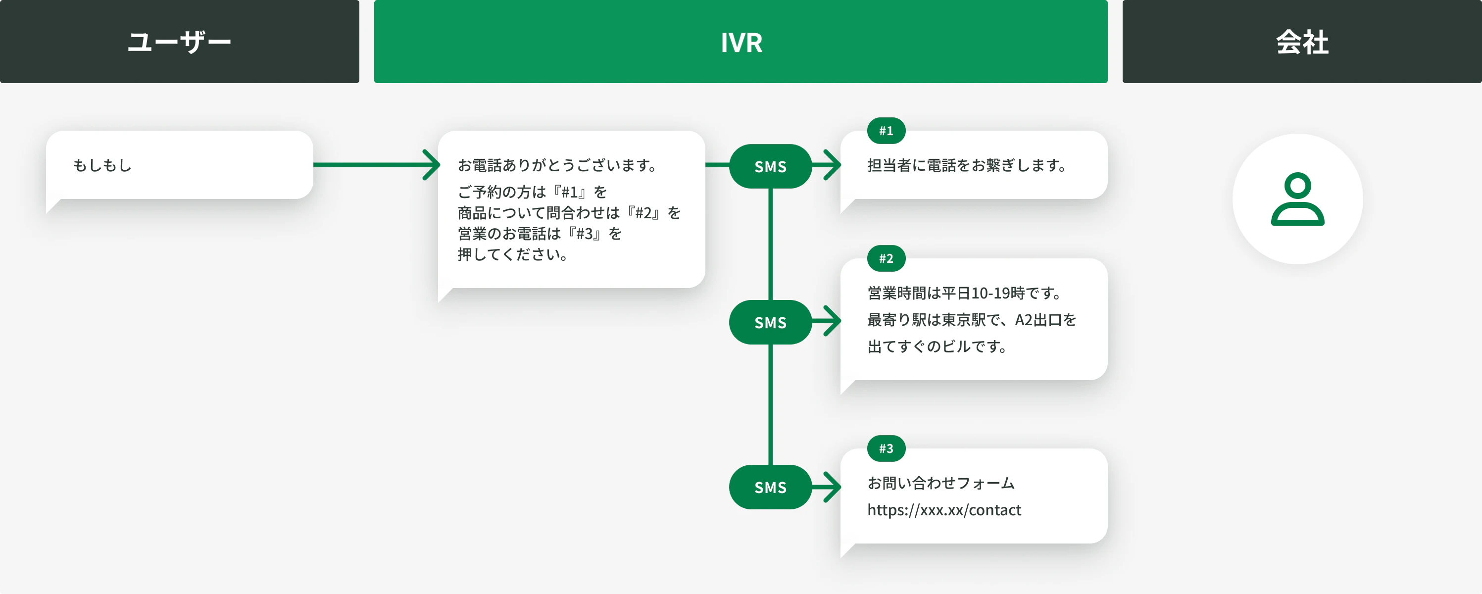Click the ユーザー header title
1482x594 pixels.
pyautogui.click(x=180, y=42)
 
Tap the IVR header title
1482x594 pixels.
pyautogui.click(x=741, y=43)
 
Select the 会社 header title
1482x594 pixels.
pyautogui.click(x=1302, y=42)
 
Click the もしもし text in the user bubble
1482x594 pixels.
pyautogui.click(x=102, y=165)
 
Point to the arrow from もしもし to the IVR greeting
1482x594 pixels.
pyautogui.click(x=377, y=165)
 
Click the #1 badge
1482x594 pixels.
pyautogui.click(x=886, y=131)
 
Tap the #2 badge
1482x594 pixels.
pyautogui.click(x=886, y=258)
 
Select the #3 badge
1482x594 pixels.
pyautogui.click(x=886, y=448)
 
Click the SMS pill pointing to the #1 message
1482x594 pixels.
pyautogui.click(x=770, y=166)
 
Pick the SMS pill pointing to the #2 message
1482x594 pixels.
pyautogui.click(x=770, y=322)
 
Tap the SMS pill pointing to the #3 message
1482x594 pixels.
pyautogui.click(x=770, y=487)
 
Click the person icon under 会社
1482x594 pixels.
pyautogui.click(x=1297, y=198)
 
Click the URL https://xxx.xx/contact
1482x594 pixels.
pyautogui.click(x=944, y=510)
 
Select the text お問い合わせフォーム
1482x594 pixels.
pyautogui.click(x=941, y=483)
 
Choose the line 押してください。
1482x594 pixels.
pyautogui.click(x=514, y=254)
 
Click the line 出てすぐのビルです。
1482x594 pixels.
pyautogui.click(x=938, y=346)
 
